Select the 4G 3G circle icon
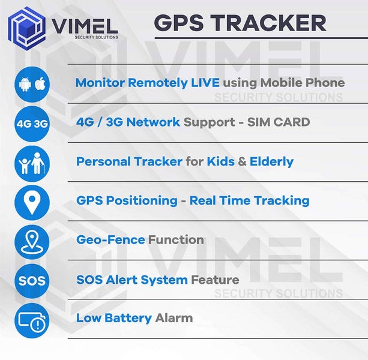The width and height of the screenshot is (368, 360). pos(32,123)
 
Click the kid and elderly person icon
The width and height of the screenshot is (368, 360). pos(32,163)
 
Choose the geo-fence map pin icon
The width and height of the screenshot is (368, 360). pos(32,240)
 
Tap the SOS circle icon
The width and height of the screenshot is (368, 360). pos(32,280)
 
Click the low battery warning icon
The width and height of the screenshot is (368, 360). pos(32,319)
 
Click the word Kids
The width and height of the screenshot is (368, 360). pos(220,161)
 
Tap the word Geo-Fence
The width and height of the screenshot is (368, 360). pos(110,240)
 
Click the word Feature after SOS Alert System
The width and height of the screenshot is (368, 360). pos(215,280)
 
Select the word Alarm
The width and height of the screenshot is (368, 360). pos(174,318)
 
